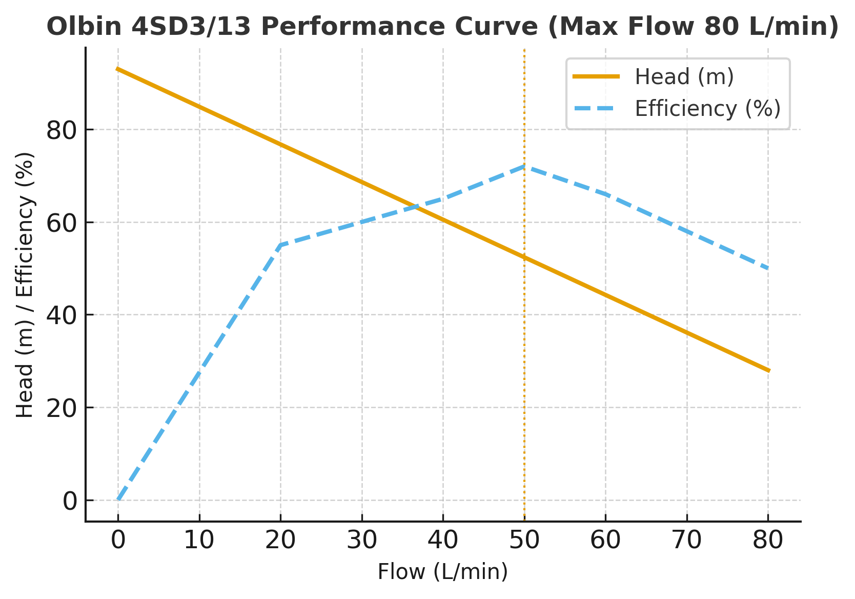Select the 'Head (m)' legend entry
click(684, 77)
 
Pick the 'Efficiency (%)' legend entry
click(707, 109)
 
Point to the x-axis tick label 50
click(524, 541)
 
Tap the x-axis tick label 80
click(768, 541)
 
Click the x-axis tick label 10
click(199, 541)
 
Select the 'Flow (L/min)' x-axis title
click(443, 572)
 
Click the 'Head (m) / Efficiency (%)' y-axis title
click(25, 285)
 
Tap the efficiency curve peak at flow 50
click(524, 166)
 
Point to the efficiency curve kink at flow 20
click(280, 245)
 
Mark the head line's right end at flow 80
click(768, 370)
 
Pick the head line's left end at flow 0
click(118, 69)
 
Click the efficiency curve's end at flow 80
click(768, 268)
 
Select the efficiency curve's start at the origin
click(118, 500)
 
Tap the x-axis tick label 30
click(362, 541)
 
